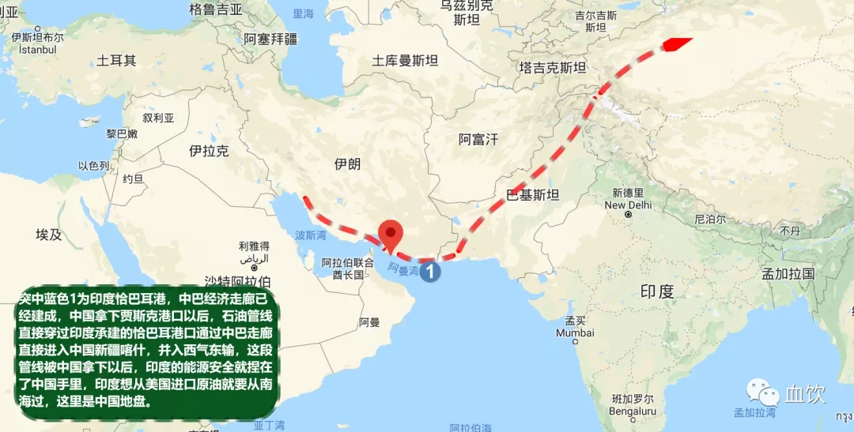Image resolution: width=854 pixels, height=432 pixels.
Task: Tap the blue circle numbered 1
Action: click(429, 272)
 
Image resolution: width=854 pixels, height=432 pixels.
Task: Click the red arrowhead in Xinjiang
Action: click(675, 44)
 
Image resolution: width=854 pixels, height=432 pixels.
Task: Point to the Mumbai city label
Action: click(575, 332)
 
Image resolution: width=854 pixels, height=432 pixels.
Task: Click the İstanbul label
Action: click(32, 49)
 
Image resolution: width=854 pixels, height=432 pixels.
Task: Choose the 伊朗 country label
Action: click(347, 163)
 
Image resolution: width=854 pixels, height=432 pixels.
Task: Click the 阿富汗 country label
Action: click(478, 140)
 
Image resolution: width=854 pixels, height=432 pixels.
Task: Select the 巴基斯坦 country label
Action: click(532, 195)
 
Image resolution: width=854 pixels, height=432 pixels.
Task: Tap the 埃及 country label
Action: click(48, 235)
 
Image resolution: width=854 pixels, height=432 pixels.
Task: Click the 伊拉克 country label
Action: click(209, 150)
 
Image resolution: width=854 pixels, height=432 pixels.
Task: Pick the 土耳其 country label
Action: click(116, 60)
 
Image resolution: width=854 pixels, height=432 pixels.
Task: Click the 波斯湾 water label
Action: click(310, 235)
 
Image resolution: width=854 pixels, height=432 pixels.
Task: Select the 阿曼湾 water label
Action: click(403, 270)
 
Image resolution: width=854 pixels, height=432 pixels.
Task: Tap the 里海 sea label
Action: click(303, 13)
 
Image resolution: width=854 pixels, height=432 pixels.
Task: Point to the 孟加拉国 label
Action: click(788, 274)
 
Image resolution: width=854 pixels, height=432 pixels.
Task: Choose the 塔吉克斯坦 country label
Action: click(553, 67)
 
